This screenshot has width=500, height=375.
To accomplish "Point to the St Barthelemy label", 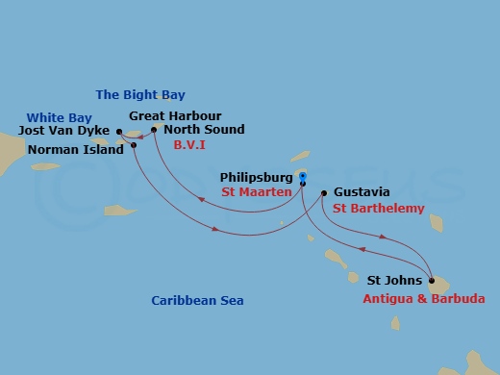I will click(x=378, y=208).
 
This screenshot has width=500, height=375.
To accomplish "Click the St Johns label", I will click(x=393, y=282).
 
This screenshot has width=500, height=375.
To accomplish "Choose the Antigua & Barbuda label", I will click(x=424, y=299).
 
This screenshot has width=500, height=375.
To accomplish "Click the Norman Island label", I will click(x=76, y=149).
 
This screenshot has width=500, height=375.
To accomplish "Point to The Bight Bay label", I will click(x=140, y=94).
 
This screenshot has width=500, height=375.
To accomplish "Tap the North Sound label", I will click(x=204, y=130).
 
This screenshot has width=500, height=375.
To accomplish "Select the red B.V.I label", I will click(x=189, y=144).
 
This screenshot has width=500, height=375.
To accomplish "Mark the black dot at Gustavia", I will click(x=323, y=192).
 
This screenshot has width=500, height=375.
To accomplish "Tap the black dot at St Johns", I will click(x=432, y=282).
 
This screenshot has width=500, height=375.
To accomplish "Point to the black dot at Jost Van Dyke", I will click(x=118, y=132).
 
